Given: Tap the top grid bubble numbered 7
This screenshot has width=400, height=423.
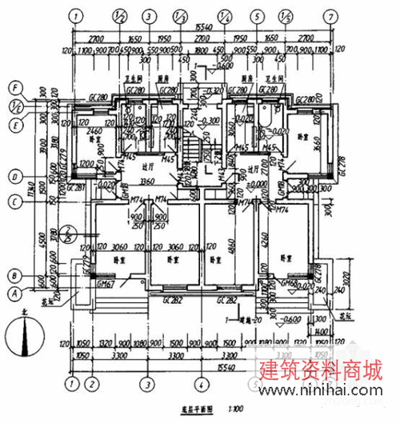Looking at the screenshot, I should tap(327, 15).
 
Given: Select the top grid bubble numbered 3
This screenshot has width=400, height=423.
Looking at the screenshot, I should tap(149, 15).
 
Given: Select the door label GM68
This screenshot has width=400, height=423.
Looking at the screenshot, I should tap(290, 283).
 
